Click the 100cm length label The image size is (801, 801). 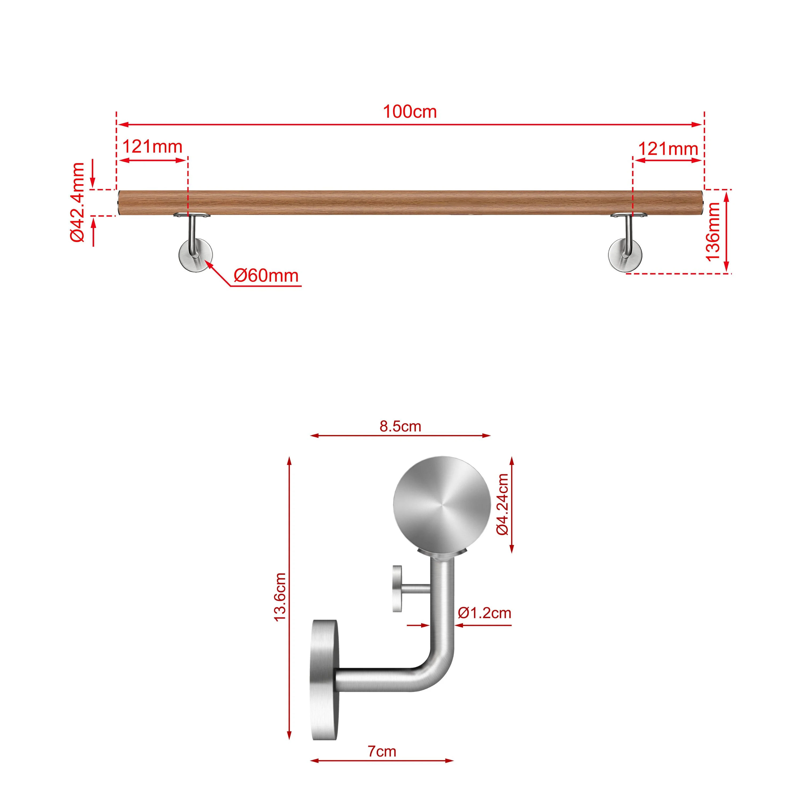(x=410, y=112)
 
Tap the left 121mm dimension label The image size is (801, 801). (x=152, y=147)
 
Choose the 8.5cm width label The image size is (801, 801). (x=400, y=426)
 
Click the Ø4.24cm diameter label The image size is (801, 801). (x=502, y=504)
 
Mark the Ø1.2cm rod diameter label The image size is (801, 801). (x=484, y=613)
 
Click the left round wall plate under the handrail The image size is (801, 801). (x=195, y=256)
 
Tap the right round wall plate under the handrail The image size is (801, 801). (x=625, y=256)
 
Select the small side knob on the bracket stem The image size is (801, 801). (x=398, y=589)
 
